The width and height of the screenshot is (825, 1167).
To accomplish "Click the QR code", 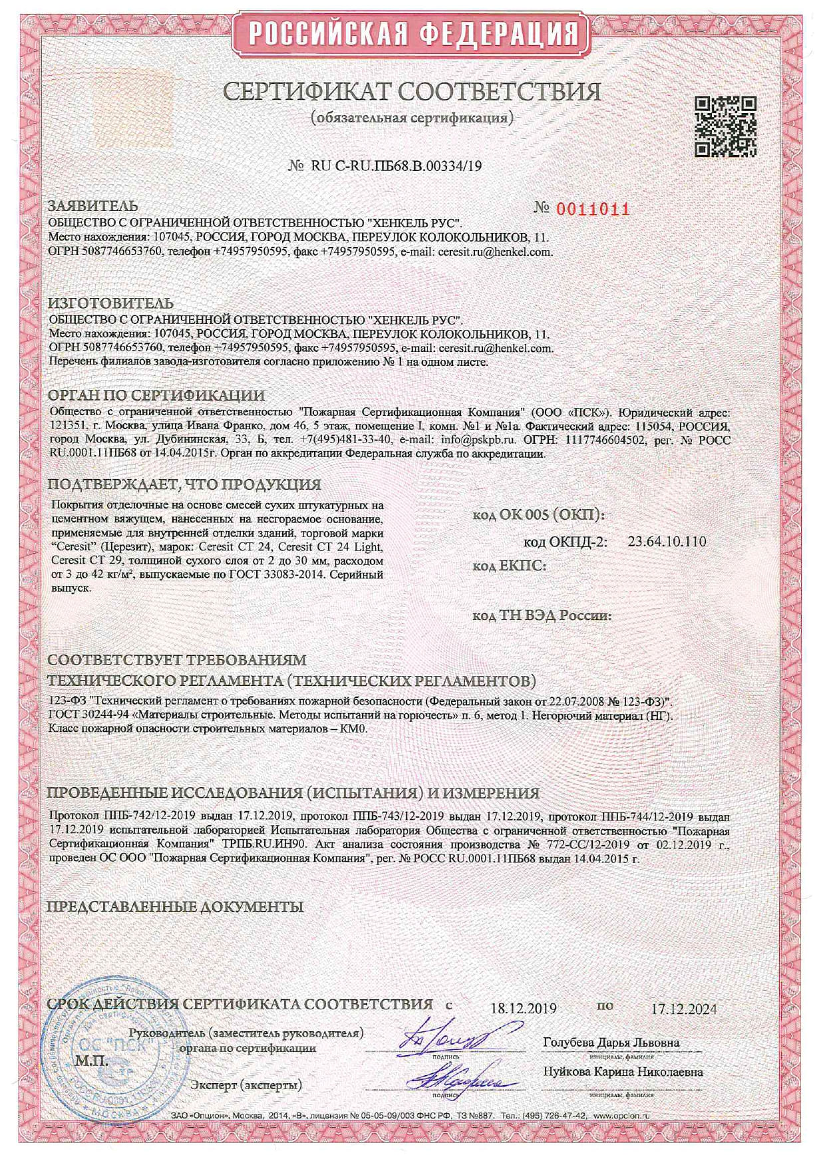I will pyautogui.click(x=726, y=126).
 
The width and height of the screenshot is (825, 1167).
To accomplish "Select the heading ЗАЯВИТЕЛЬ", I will pyautogui.click(x=94, y=206).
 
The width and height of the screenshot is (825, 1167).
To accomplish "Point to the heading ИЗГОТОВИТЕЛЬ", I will pyautogui.click(x=111, y=304).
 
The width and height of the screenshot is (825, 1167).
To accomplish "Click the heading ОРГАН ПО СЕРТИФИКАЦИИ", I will pyautogui.click(x=156, y=395).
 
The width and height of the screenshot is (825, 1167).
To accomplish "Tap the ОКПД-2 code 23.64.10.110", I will pyautogui.click(x=667, y=542).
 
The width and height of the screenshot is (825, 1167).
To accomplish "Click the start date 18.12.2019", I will pyautogui.click(x=523, y=1009).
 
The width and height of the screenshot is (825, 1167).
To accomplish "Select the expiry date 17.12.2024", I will pyautogui.click(x=684, y=1009).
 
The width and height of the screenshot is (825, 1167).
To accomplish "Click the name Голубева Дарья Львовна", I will pyautogui.click(x=611, y=1042).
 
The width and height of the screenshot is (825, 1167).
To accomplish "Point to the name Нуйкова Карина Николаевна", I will pyautogui.click(x=623, y=1072).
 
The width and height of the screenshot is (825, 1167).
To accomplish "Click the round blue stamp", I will pyautogui.click(x=110, y=1051).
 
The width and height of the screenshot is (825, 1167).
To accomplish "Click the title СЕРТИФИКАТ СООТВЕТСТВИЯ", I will pyautogui.click(x=412, y=92).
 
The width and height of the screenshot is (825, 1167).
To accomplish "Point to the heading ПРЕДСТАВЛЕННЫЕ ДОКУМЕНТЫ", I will pyautogui.click(x=176, y=907).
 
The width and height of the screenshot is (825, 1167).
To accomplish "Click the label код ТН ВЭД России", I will pyautogui.click(x=542, y=615).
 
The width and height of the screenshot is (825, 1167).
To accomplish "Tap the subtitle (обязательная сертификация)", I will pyautogui.click(x=412, y=118).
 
